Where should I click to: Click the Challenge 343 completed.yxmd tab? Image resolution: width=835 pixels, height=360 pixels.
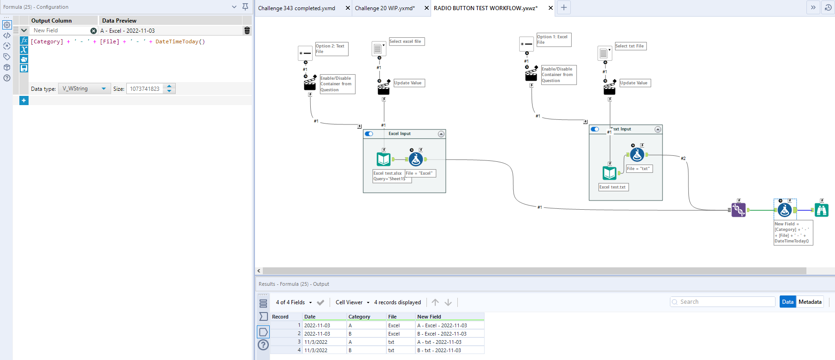(x=296, y=8)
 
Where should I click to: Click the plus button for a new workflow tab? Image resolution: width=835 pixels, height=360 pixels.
(x=563, y=7)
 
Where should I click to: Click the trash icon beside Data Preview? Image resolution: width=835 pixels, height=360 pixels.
(x=247, y=30)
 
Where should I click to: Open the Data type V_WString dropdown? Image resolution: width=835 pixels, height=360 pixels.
(x=103, y=89)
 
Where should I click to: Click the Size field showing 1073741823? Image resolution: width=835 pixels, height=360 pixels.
(x=145, y=89)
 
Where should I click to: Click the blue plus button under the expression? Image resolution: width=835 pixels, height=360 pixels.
(x=24, y=100)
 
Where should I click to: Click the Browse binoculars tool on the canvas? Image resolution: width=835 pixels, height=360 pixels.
(x=821, y=210)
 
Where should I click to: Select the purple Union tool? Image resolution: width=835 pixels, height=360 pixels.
(x=738, y=210)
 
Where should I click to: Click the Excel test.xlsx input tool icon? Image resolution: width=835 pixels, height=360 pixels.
(x=384, y=159)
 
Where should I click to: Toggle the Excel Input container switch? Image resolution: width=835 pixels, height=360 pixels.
(x=369, y=134)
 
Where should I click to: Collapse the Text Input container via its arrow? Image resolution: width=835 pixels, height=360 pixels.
(x=658, y=130)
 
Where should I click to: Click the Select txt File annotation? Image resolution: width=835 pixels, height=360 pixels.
(x=629, y=46)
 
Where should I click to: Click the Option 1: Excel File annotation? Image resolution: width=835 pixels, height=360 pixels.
(x=553, y=40)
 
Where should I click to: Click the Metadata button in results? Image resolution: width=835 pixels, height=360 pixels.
(x=810, y=302)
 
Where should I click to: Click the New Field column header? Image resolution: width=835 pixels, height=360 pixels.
(x=429, y=317)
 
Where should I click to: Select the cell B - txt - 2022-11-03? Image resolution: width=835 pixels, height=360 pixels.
(x=438, y=350)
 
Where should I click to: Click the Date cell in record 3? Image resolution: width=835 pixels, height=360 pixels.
(x=316, y=342)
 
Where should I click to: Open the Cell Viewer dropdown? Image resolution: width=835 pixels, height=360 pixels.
(x=352, y=302)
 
